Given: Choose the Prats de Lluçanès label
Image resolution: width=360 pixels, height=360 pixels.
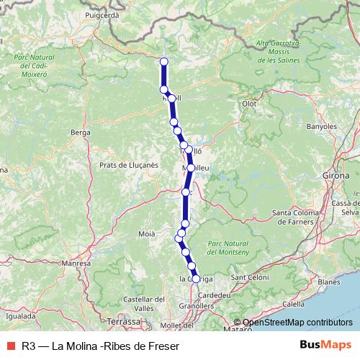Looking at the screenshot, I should pyautogui.click(x=129, y=164).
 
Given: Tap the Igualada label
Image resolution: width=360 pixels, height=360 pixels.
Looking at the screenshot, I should pyautogui.click(x=19, y=315).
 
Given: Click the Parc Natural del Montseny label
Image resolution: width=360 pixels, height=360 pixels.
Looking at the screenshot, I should pyautogui.click(x=228, y=247).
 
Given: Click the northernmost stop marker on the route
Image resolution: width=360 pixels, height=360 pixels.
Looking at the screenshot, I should pyautogui.click(x=164, y=61).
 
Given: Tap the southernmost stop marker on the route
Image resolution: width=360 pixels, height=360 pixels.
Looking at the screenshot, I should pyautogui.click(x=196, y=278).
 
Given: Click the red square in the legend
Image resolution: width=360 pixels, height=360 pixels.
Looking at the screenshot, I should pyautogui.click(x=10, y=346).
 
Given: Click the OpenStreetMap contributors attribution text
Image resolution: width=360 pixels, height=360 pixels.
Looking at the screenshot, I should pyautogui.click(x=297, y=323).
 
